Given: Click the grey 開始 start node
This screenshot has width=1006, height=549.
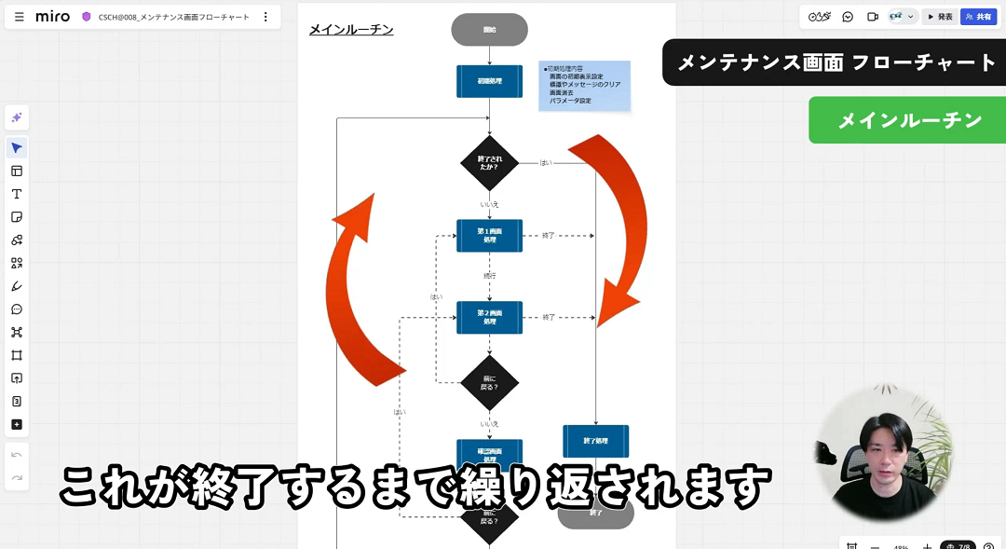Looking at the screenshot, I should [x=489, y=30].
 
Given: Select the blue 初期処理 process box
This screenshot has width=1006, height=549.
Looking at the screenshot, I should [x=489, y=81].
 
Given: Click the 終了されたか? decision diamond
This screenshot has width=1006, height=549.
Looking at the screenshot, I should [x=489, y=163].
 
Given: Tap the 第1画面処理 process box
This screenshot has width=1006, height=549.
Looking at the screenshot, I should [x=489, y=236].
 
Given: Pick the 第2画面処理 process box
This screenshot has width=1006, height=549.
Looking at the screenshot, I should [x=489, y=317].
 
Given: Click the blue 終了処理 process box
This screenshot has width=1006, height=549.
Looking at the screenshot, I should [x=595, y=441].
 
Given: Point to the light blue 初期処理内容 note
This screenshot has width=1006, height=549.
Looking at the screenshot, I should [x=584, y=86].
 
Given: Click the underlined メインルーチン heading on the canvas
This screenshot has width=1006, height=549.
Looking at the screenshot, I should [x=351, y=30].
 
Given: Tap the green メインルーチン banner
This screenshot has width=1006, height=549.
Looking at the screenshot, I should [x=909, y=120].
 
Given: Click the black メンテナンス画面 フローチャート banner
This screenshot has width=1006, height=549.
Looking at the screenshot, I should [x=836, y=62].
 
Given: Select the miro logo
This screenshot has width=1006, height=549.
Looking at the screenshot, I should [x=52, y=17].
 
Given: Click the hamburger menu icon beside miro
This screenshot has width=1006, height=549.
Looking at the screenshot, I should [x=20, y=17].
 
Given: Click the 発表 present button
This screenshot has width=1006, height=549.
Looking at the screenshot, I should [x=940, y=17].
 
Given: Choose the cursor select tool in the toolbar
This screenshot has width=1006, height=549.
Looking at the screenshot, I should [x=17, y=148].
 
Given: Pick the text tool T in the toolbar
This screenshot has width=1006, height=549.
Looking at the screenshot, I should [x=17, y=194].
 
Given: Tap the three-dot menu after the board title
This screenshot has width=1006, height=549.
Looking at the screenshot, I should [x=265, y=17].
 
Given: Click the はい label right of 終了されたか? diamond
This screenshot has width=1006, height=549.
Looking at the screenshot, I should [x=546, y=163].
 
